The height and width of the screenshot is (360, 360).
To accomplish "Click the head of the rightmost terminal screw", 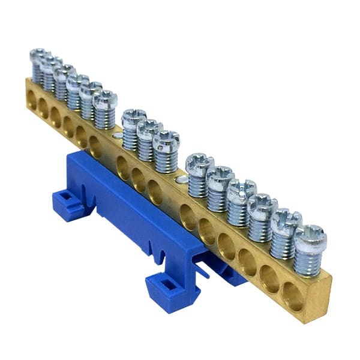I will pyautogui.click(x=311, y=238).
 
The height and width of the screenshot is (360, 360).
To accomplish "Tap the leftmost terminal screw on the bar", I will pyautogui.click(x=37, y=58).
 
